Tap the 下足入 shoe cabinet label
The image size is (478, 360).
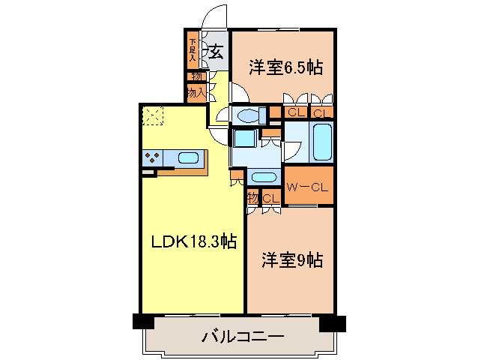pos(193,49)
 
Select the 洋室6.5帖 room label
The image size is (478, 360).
pos(285,67)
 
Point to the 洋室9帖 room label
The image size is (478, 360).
pos(292,260)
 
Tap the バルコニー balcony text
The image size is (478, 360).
pos(242,337)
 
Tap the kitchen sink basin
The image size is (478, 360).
pos(188,158)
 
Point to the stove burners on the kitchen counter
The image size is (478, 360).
pos(153,158)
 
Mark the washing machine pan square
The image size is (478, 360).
pos(244,139)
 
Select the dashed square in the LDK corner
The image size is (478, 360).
pos(153,115)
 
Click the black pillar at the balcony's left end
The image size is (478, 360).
pos(142,321)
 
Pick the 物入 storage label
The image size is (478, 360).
pos(196,92)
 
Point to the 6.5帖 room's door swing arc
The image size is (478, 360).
pos(238,94)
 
